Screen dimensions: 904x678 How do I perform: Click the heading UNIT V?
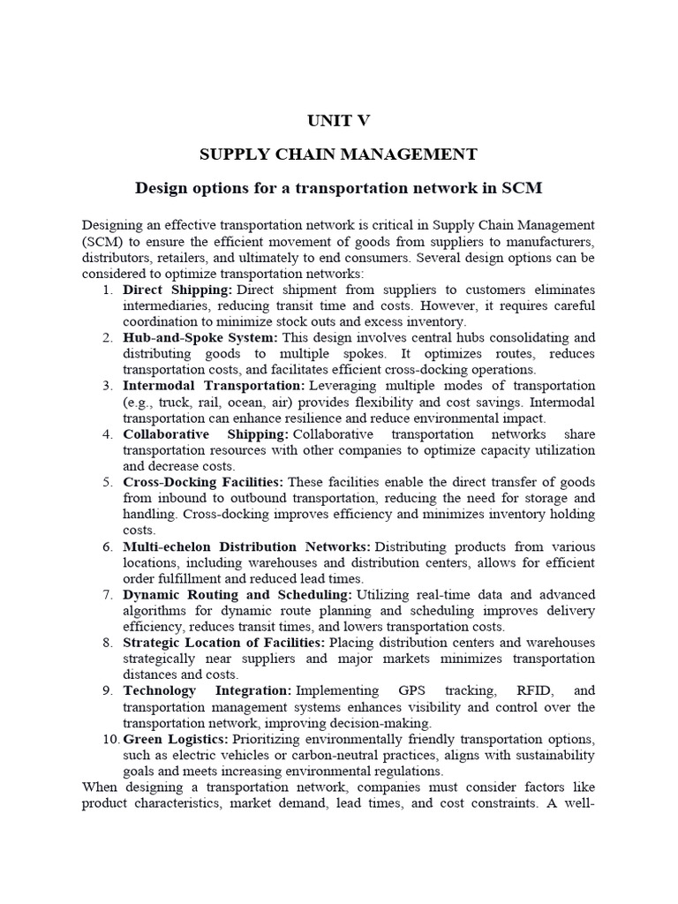coord(338,121)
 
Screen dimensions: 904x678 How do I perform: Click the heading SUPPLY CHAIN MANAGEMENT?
coord(338,154)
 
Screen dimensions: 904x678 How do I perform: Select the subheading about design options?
coord(338,188)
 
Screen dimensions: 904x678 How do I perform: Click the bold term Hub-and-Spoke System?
coord(200,338)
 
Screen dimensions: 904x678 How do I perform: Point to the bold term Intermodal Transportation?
coord(213,386)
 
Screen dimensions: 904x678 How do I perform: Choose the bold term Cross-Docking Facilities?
coord(203,482)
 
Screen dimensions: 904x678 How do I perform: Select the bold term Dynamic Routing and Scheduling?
coord(237,595)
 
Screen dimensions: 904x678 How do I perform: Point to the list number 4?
coord(107,434)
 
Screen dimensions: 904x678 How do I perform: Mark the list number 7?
coord(107,595)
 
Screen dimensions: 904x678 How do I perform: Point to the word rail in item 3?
coord(200,403)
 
